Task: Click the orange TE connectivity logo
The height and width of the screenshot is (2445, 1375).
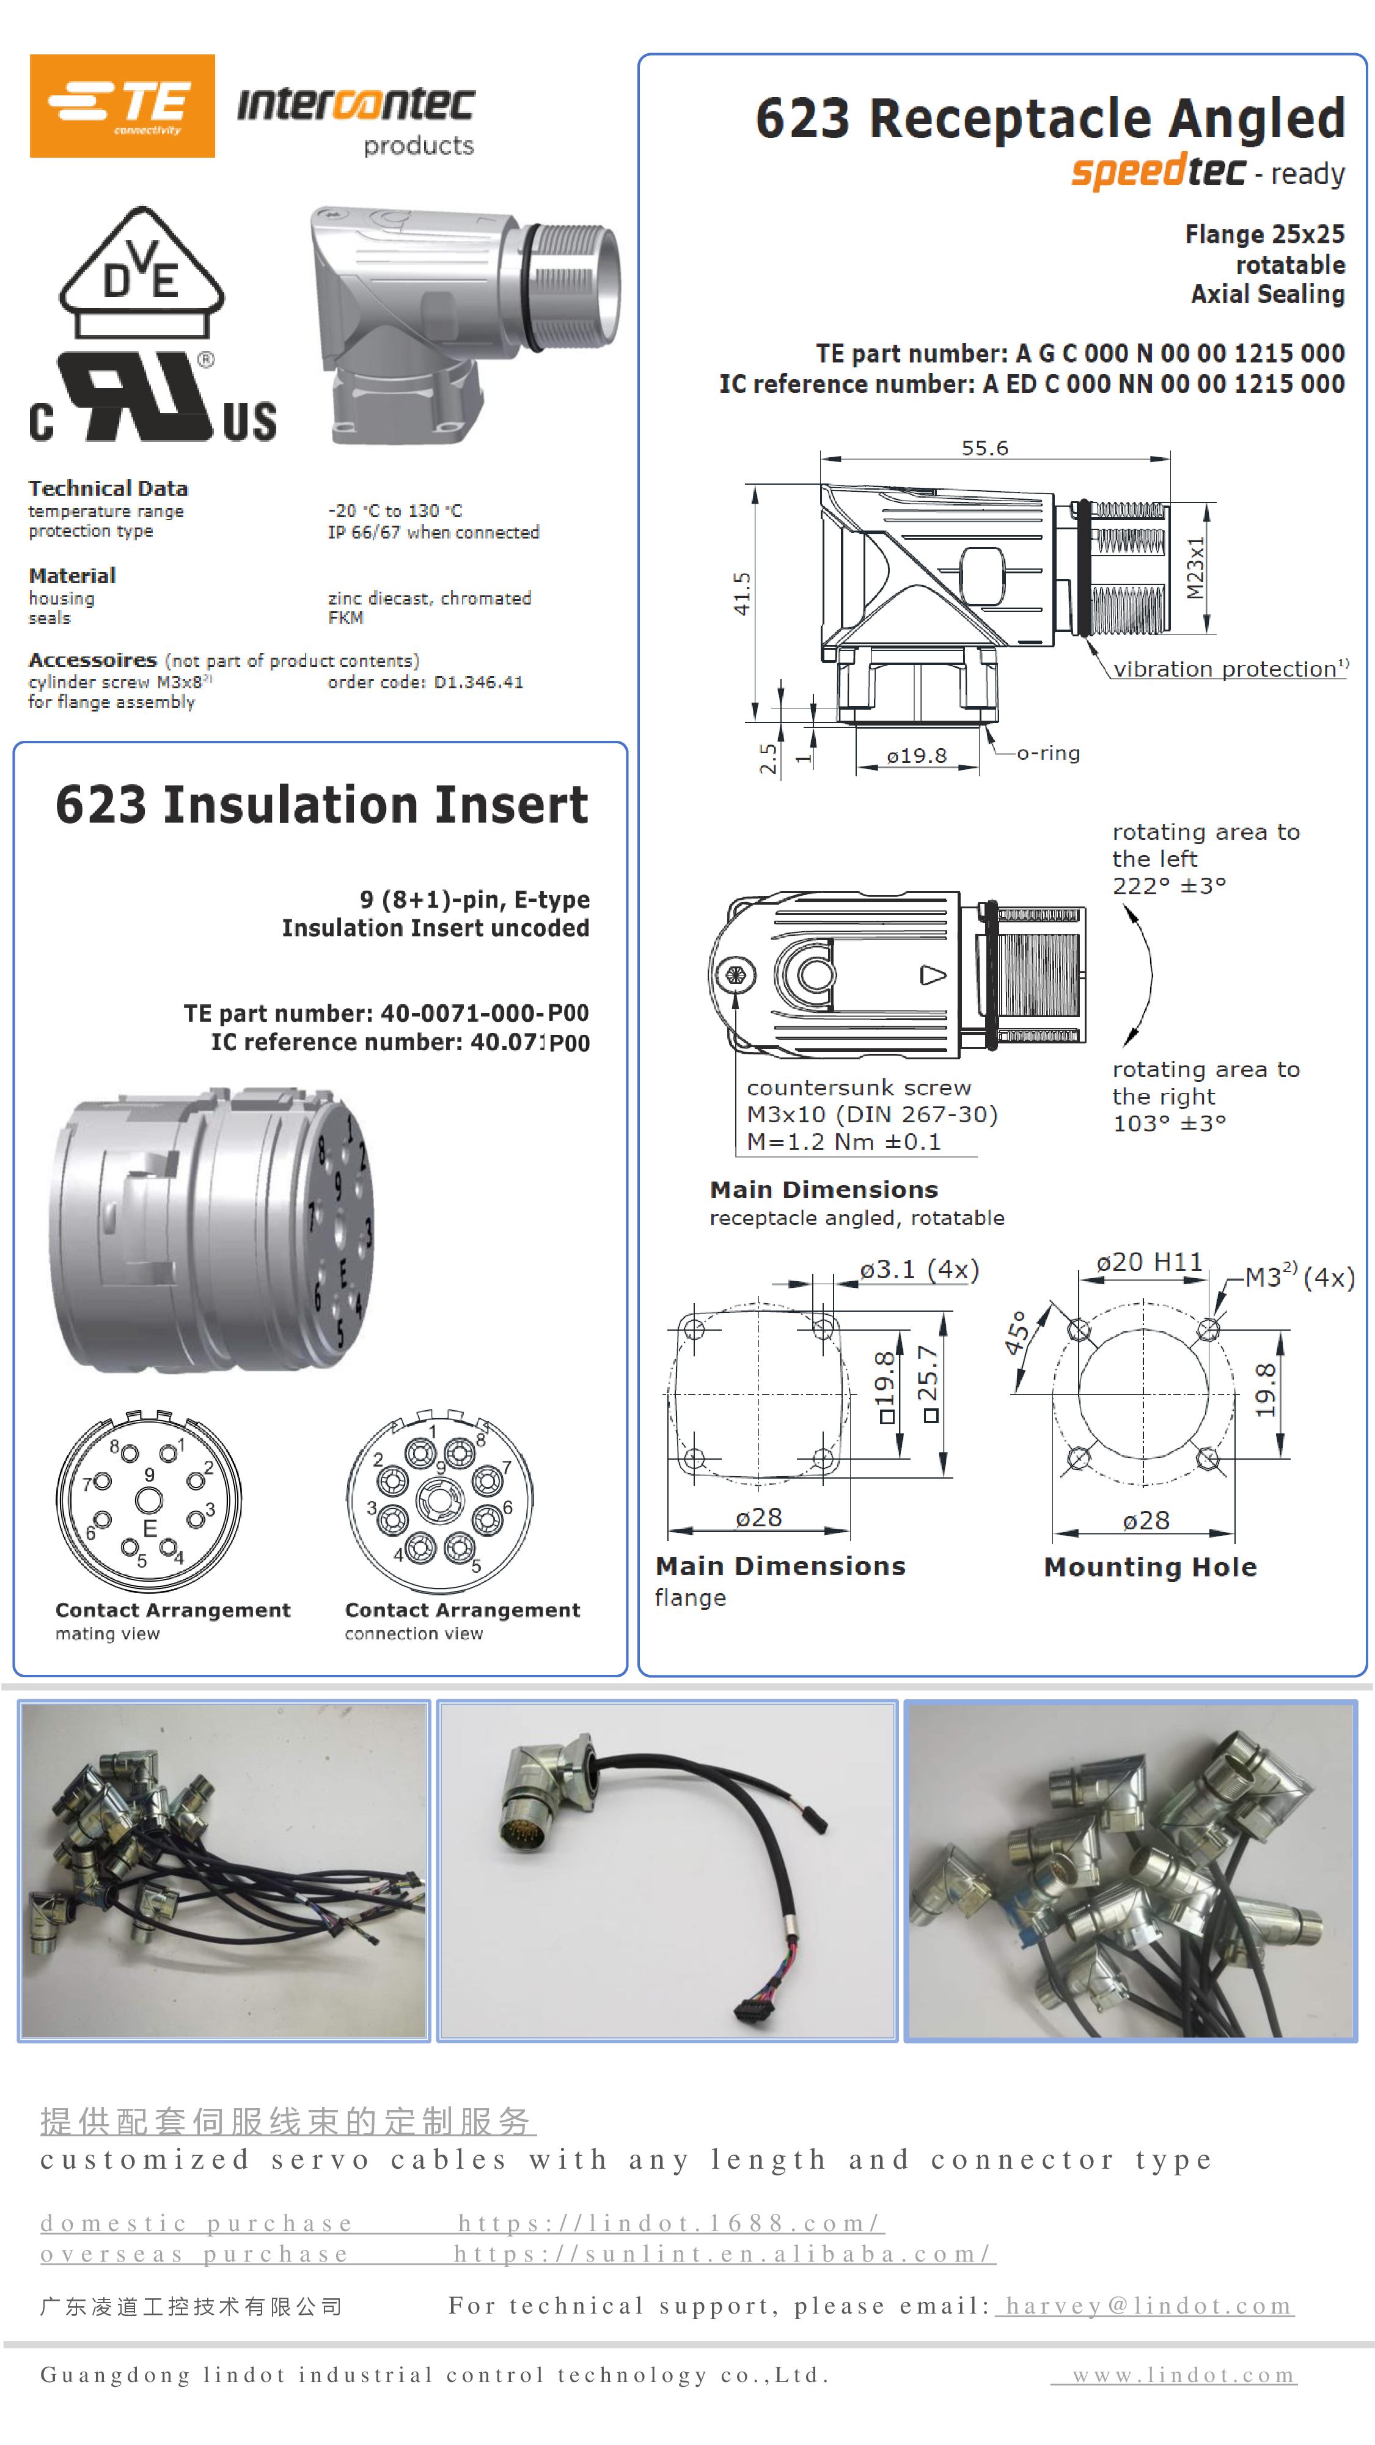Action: (x=122, y=105)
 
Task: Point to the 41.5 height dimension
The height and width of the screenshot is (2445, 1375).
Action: (x=742, y=593)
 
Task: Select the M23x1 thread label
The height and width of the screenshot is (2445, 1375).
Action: (x=1195, y=568)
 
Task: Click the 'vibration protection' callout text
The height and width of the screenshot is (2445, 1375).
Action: (x=1229, y=669)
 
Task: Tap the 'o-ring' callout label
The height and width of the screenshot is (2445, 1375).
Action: (x=1047, y=754)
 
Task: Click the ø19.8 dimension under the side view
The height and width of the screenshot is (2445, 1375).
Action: (x=917, y=757)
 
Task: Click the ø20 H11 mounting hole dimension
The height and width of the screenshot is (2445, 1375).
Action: (x=1149, y=1262)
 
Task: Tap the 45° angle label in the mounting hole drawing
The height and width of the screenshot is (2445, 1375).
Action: (x=1016, y=1333)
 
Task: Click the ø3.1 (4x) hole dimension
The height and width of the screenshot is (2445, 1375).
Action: (x=919, y=1270)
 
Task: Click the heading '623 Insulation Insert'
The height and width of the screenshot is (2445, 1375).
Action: (x=321, y=805)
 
